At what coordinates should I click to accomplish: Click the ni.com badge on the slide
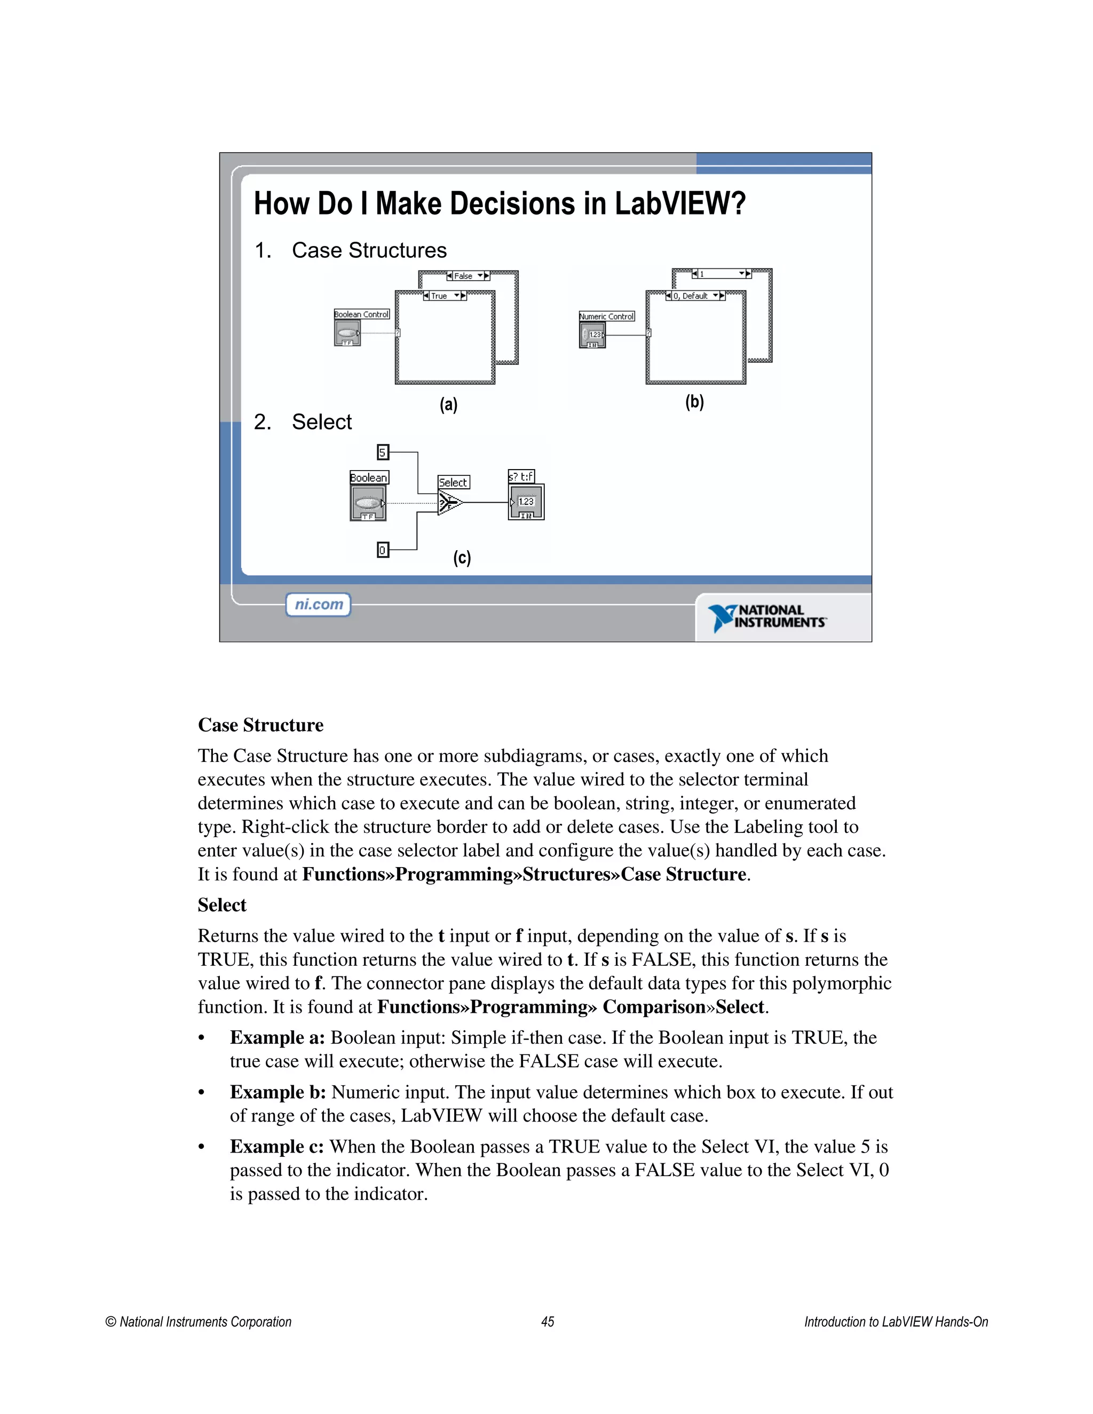(x=319, y=605)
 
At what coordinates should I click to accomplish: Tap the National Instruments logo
(x=767, y=617)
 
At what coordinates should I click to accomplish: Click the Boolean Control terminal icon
(x=347, y=333)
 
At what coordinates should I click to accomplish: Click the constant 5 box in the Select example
(x=383, y=452)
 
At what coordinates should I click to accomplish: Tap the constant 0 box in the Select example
(x=383, y=550)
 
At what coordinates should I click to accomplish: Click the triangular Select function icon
(x=449, y=503)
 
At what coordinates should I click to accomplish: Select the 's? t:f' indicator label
(x=521, y=476)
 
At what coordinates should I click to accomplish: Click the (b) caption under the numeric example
(x=695, y=402)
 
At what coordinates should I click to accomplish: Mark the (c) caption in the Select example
(x=462, y=558)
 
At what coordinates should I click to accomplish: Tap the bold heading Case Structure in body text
(x=260, y=725)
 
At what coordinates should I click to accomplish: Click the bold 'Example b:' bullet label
(x=278, y=1092)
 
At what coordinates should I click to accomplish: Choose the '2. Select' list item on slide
(x=303, y=422)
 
